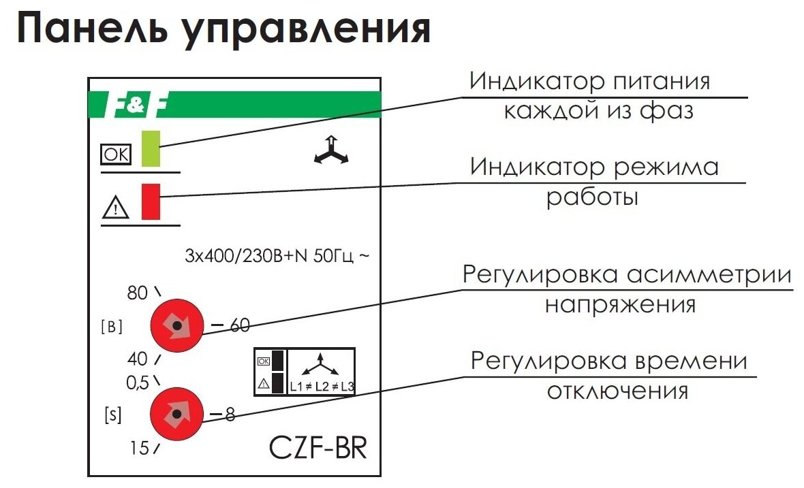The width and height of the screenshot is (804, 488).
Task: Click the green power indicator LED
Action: pyautogui.click(x=150, y=148)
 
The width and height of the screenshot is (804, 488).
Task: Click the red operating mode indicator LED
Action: pyautogui.click(x=151, y=201)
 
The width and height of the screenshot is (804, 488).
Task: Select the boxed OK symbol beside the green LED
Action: pyautogui.click(x=115, y=156)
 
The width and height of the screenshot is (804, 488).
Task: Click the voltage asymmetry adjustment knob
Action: pyautogui.click(x=176, y=327)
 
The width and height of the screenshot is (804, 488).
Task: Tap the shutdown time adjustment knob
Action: pyautogui.click(x=176, y=414)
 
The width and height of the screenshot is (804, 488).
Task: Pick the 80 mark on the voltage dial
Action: pyautogui.click(x=137, y=293)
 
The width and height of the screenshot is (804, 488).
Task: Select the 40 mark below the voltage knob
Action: pyautogui.click(x=137, y=359)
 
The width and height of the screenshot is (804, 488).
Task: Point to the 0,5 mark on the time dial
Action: pyautogui.click(x=137, y=383)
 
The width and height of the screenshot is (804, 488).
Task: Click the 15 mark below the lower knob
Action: pyautogui.click(x=139, y=449)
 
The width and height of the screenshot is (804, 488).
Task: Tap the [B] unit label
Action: pyautogui.click(x=112, y=327)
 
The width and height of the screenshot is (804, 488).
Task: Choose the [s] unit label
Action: pyautogui.click(x=112, y=414)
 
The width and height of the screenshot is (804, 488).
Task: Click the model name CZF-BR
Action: pyautogui.click(x=318, y=448)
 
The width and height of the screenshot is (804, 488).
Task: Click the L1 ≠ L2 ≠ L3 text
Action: pyautogui.click(x=322, y=387)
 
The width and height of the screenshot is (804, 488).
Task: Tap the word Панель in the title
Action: pyautogui.click(x=95, y=30)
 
